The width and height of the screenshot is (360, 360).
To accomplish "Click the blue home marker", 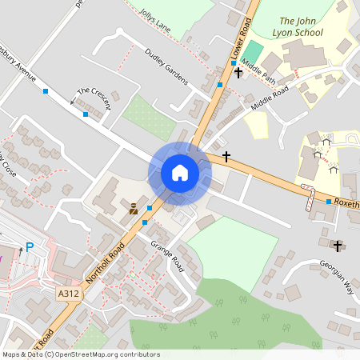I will (180, 173).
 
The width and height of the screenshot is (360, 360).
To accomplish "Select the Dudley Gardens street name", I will (166, 66).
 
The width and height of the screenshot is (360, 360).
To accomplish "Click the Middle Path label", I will (258, 75).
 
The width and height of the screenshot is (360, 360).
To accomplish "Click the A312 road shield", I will (67, 294).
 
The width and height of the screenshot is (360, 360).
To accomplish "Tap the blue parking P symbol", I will (30, 247).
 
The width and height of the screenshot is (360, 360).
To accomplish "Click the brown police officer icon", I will (133, 210).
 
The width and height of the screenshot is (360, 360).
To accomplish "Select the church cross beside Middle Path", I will (238, 73).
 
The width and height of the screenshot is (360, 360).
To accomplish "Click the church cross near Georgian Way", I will (337, 245).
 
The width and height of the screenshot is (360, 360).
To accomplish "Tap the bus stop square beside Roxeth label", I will (329, 202).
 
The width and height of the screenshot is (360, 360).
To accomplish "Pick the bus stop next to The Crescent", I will (86, 114).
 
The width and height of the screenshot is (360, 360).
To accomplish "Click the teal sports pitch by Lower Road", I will (253, 52).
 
